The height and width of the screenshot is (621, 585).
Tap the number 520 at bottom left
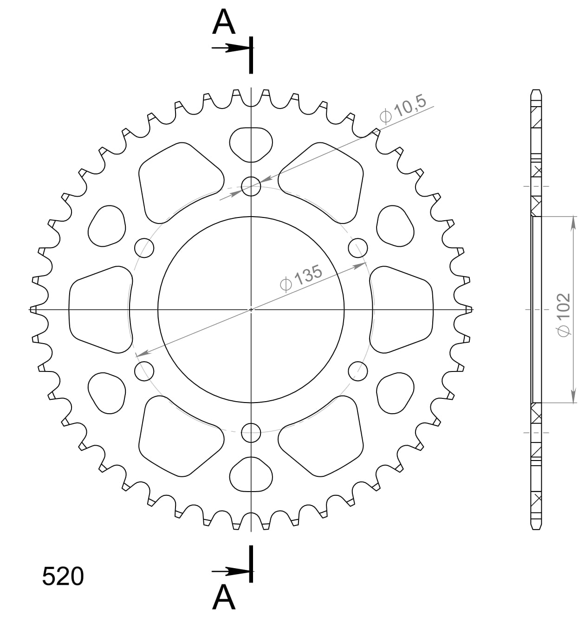pyautogui.click(x=63, y=576)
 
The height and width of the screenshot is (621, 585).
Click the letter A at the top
pyautogui.click(x=224, y=23)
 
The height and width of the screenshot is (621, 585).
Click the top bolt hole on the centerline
pyautogui.click(x=251, y=186)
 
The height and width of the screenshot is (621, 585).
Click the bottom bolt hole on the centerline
pyautogui.click(x=251, y=433)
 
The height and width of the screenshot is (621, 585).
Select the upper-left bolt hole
pyautogui.click(x=144, y=248)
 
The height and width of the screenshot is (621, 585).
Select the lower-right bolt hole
pyautogui.click(x=358, y=371)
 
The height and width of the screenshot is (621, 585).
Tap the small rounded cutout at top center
pyautogui.click(x=251, y=144)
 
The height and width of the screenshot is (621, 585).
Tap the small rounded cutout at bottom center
pyautogui.click(x=251, y=474)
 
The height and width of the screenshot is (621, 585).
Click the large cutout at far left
pyautogui.click(x=99, y=309)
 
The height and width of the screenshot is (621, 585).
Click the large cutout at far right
pyautogui.click(x=402, y=309)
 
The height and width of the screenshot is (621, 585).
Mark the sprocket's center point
pyautogui.click(x=251, y=309)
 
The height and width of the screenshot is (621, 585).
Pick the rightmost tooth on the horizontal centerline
pyautogui.click(x=469, y=309)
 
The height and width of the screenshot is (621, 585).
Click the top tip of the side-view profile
pyautogui.click(x=536, y=90)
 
